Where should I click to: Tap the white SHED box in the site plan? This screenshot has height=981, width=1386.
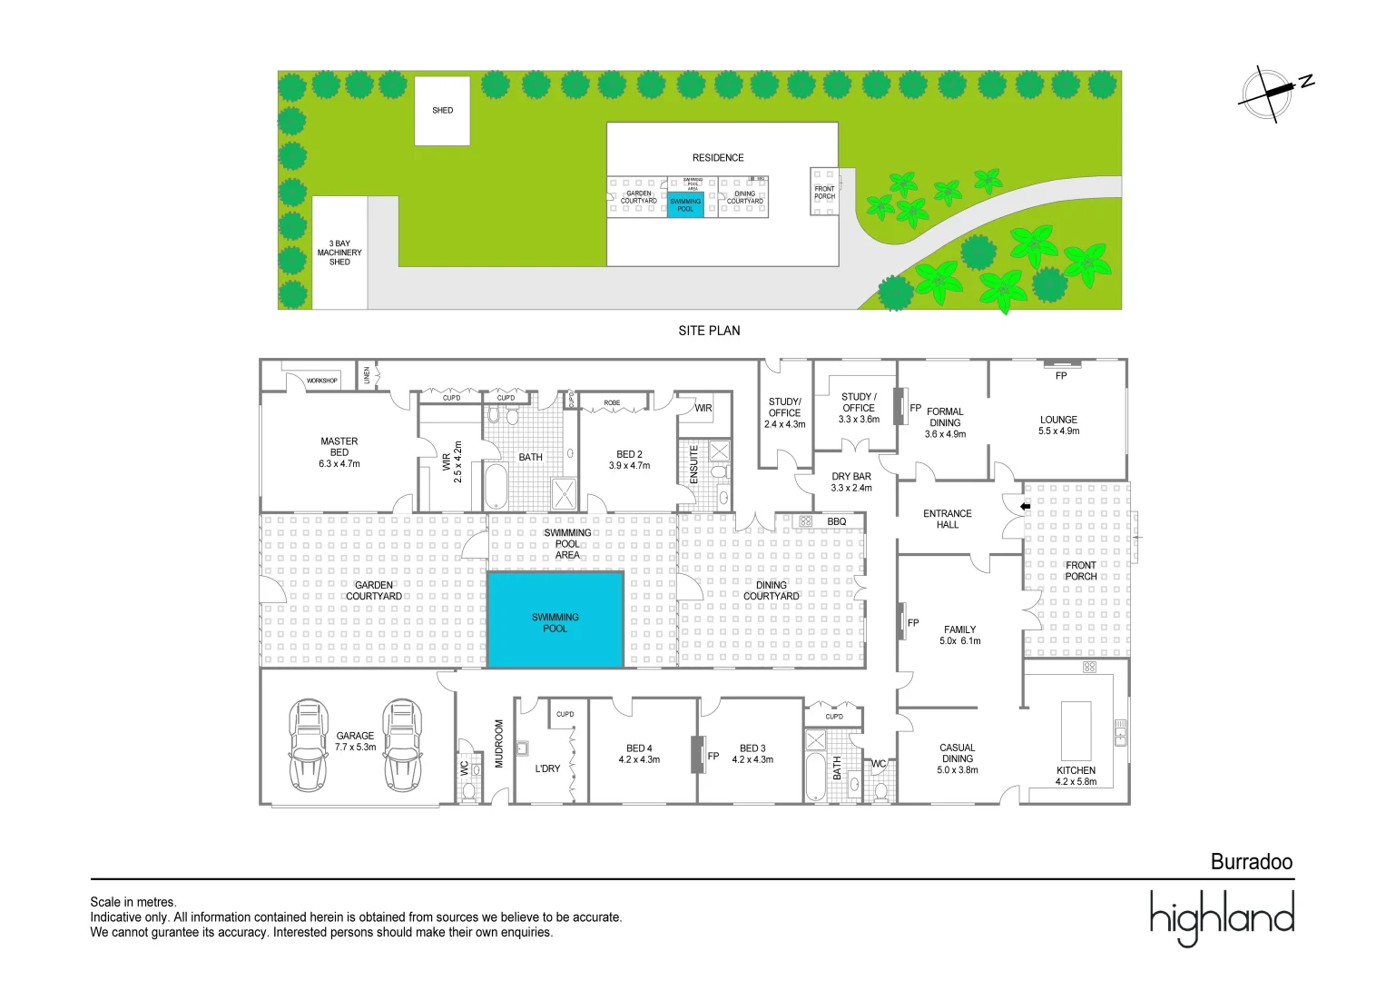(442, 111)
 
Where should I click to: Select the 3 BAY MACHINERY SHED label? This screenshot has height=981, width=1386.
(339, 253)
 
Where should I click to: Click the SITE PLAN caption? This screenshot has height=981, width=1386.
(709, 331)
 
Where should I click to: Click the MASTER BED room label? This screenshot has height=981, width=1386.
(339, 447)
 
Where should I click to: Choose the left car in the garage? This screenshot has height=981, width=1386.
(309, 745)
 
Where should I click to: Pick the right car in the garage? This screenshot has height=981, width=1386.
(402, 745)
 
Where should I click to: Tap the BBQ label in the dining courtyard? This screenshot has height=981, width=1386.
(836, 521)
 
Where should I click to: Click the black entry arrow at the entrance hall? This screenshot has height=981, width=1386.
(1026, 506)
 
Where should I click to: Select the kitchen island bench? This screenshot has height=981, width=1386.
(1076, 731)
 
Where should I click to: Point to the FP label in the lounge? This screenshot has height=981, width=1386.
(1061, 375)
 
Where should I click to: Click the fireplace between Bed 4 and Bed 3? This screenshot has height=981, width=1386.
(698, 755)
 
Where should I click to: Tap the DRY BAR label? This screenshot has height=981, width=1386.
(851, 477)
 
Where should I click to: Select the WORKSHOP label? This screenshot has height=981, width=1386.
(322, 381)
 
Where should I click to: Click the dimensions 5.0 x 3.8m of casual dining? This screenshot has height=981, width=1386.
(958, 770)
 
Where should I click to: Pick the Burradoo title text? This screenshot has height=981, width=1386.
(1251, 862)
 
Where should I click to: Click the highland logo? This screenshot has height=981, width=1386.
(1222, 917)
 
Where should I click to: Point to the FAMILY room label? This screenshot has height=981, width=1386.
(959, 629)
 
